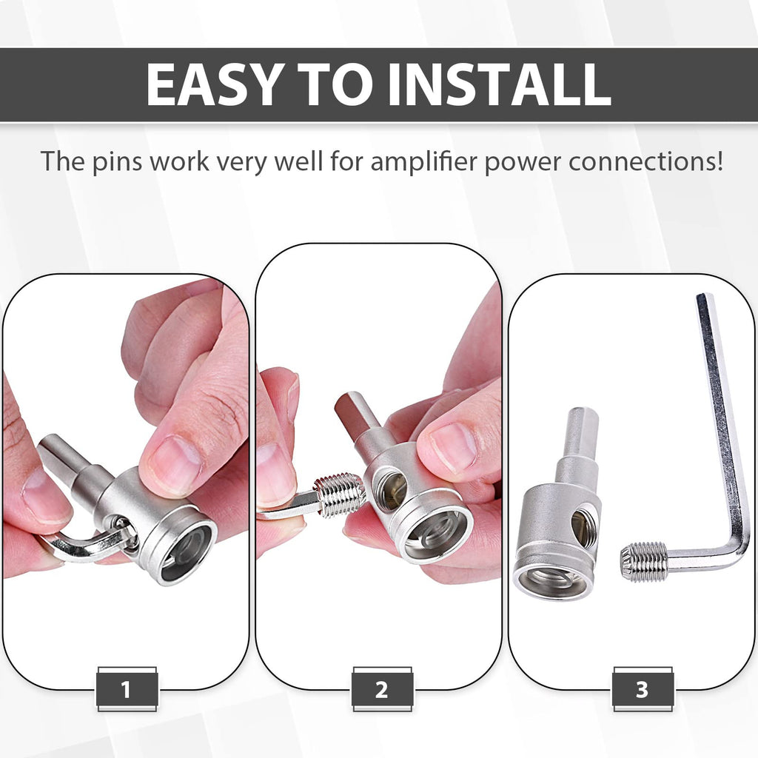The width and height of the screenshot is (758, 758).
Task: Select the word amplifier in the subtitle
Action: [x=423, y=161]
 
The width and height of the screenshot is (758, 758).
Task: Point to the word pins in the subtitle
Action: [x=117, y=162]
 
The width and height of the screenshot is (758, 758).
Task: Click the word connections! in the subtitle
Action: [x=645, y=161]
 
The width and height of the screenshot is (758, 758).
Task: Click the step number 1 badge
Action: [x=127, y=689]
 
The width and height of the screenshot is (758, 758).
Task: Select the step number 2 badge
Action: [x=382, y=689]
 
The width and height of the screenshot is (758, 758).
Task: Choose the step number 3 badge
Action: [x=642, y=689]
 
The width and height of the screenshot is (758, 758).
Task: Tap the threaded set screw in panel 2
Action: [x=338, y=494]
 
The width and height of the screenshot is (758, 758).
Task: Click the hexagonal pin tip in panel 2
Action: [x=349, y=411]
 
